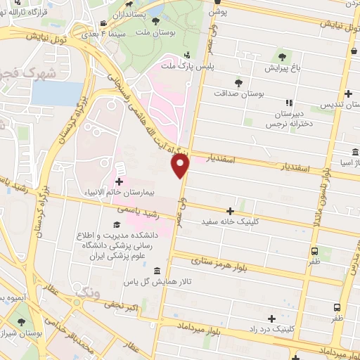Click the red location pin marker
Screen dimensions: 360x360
click(x=181, y=165)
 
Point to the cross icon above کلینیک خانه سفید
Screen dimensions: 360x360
click(x=230, y=210)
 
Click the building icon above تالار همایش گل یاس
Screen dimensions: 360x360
click(x=156, y=271)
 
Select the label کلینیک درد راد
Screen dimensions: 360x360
click(x=276, y=328)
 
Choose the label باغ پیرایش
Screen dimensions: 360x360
click(x=282, y=68)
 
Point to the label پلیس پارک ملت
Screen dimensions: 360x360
click(x=186, y=65)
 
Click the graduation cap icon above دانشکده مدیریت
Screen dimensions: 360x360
click(x=115, y=225)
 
